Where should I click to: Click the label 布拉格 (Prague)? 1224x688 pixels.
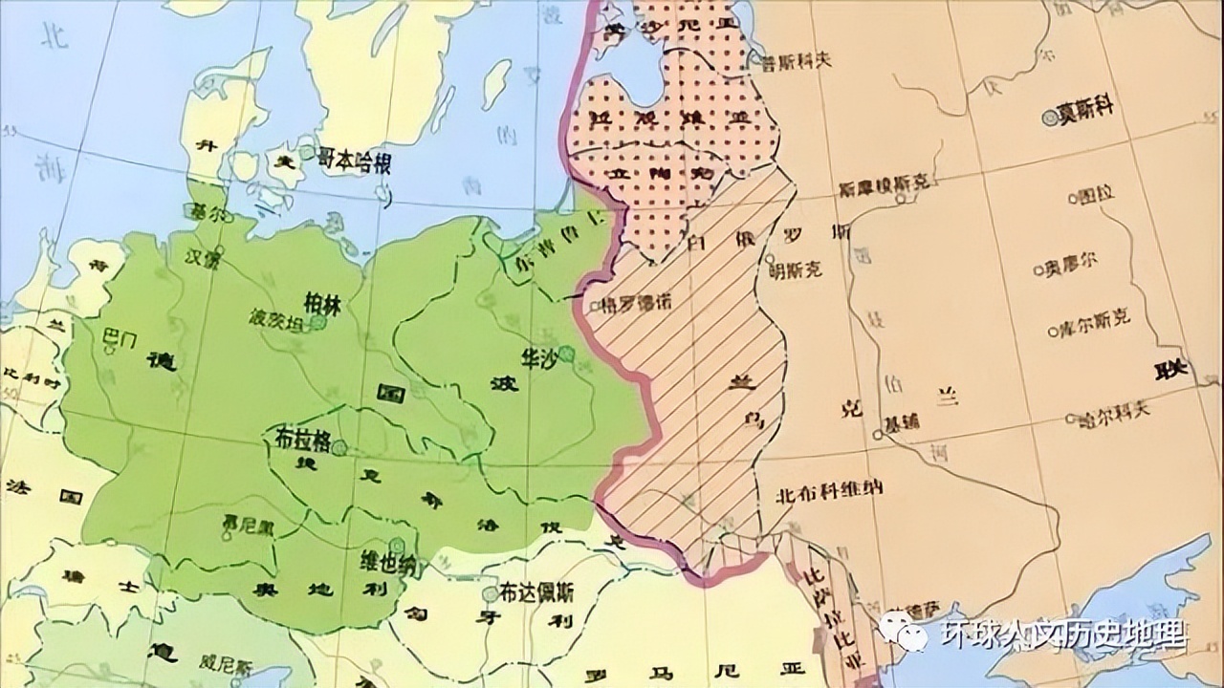pyautogui.click(x=301, y=441)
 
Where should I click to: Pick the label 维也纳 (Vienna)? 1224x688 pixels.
pyautogui.click(x=386, y=562)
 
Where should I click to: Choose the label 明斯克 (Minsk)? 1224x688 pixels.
pyautogui.click(x=796, y=270)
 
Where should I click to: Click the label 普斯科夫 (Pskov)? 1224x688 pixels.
pyautogui.click(x=796, y=59)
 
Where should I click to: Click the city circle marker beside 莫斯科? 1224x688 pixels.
pyautogui.click(x=1050, y=118)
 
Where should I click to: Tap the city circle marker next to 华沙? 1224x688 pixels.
pyautogui.click(x=567, y=354)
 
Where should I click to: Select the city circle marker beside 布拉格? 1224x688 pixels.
pyautogui.click(x=339, y=446)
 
